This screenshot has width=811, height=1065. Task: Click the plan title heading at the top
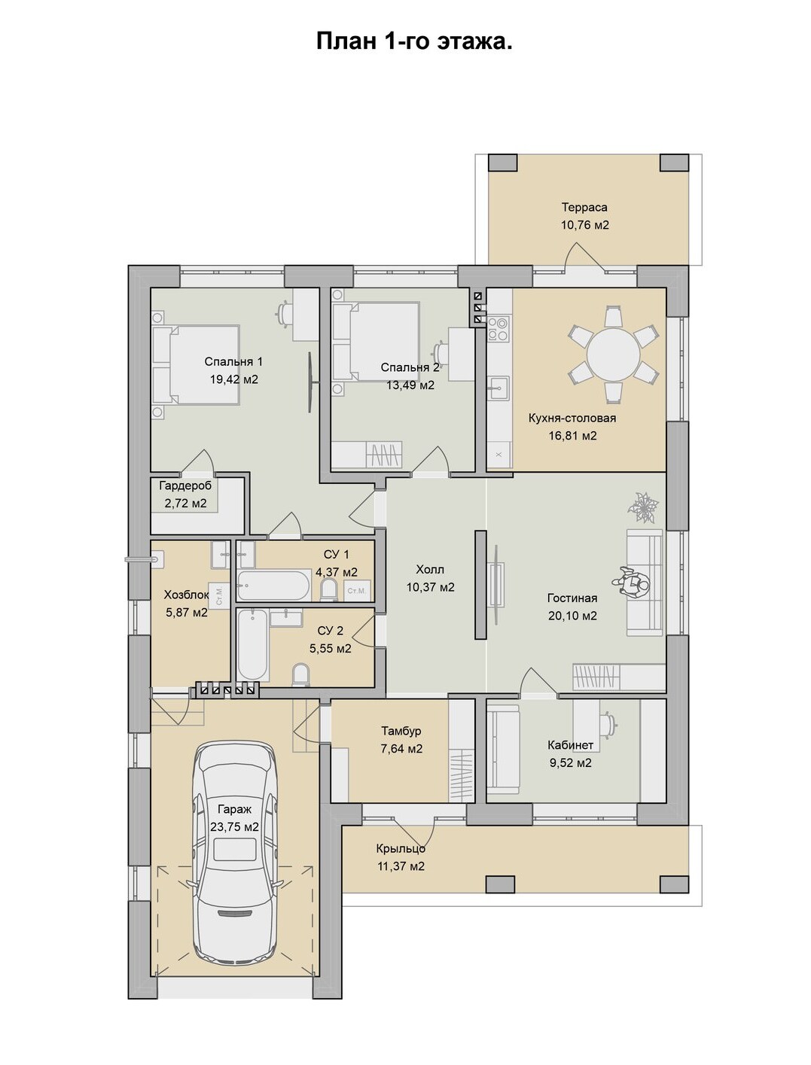pyautogui.click(x=414, y=41)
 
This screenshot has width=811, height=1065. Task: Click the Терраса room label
pyautogui.click(x=584, y=207)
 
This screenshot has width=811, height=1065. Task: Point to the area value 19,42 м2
pyautogui.click(x=234, y=379)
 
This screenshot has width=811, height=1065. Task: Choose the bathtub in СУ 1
pyautogui.click(x=274, y=585)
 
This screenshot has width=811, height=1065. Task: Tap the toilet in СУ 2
pyautogui.click(x=301, y=675)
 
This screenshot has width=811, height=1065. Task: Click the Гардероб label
pyautogui.click(x=185, y=485)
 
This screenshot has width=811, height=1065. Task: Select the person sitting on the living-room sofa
pyautogui.click(x=632, y=584)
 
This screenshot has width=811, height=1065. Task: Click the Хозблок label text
pyautogui.click(x=186, y=595)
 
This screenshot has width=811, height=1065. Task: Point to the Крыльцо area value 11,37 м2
pyautogui.click(x=401, y=866)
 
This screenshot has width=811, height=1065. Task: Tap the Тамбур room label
pyautogui.click(x=401, y=731)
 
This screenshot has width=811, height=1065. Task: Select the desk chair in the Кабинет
pyautogui.click(x=608, y=723)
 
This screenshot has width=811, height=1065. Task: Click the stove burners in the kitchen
pyautogui.click(x=498, y=328)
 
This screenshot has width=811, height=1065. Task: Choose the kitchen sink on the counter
pyautogui.click(x=498, y=387)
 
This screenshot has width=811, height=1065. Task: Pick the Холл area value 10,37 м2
pyautogui.click(x=431, y=587)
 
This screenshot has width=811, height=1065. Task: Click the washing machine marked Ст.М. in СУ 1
pyautogui.click(x=357, y=591)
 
